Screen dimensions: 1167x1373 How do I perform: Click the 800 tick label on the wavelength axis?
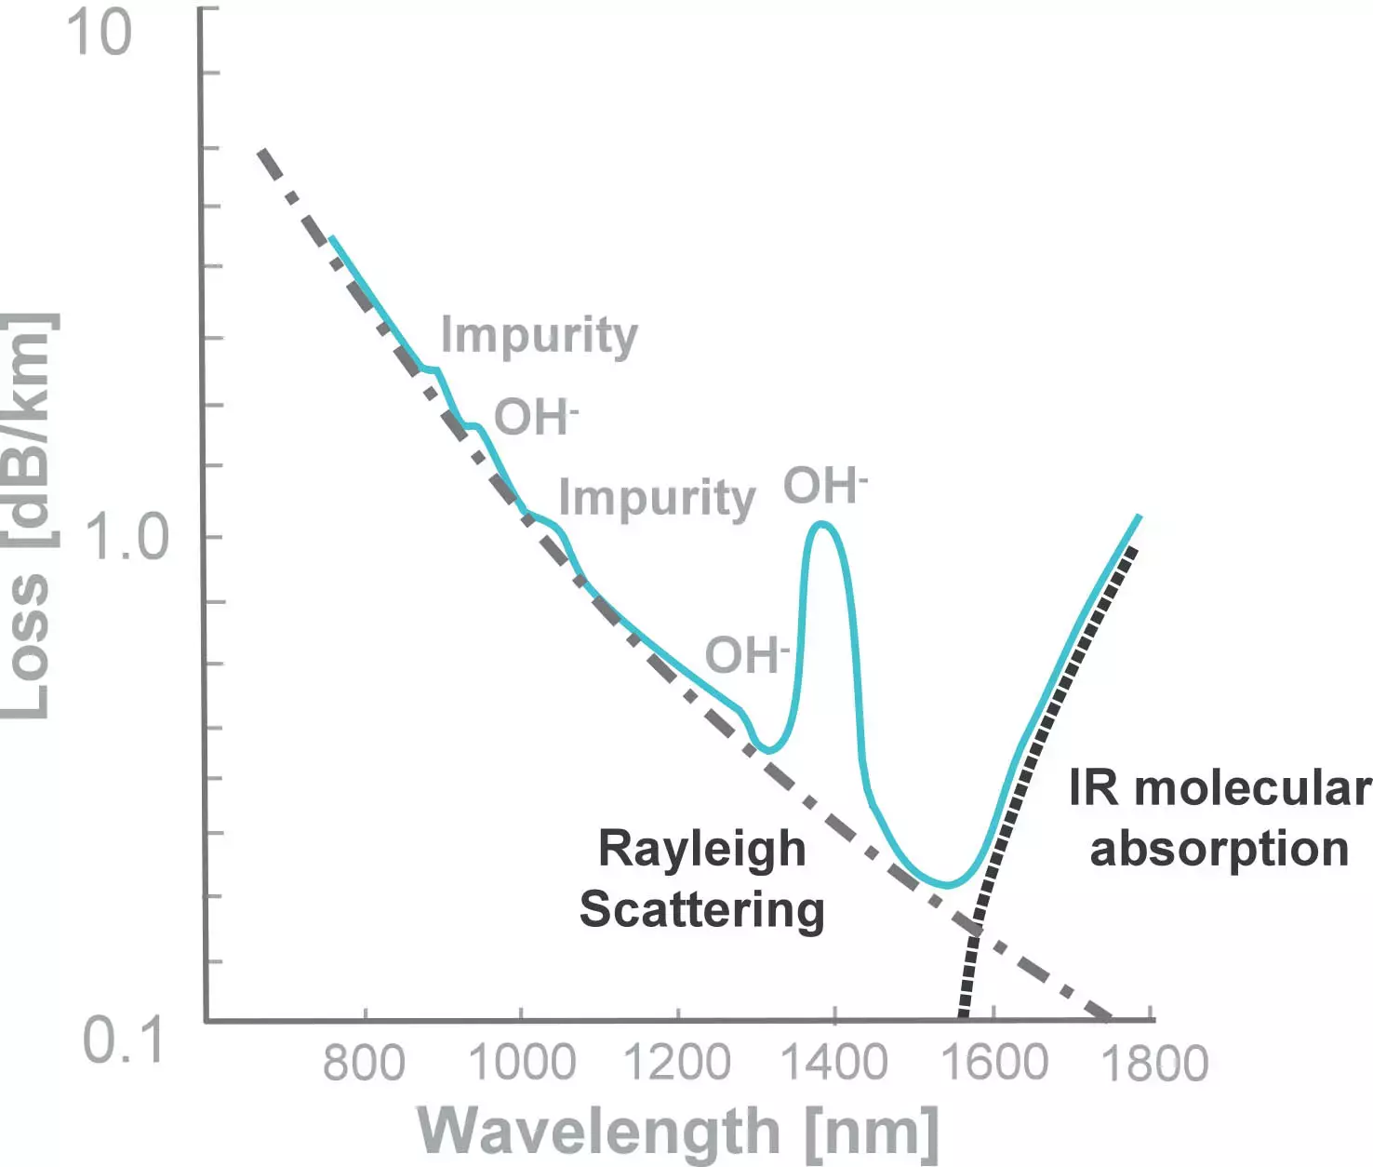click(364, 1063)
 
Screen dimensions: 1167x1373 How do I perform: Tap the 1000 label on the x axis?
click(521, 1063)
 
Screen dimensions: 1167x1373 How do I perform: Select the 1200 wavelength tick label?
click(677, 1063)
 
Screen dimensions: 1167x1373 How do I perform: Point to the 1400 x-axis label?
click(834, 1063)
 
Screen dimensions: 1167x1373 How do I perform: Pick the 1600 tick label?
click(994, 1063)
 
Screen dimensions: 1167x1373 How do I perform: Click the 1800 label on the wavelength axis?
click(1153, 1063)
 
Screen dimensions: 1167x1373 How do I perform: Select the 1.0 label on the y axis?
click(127, 538)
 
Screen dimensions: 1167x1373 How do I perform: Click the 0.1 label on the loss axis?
click(123, 1040)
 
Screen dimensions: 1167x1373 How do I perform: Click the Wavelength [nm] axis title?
click(678, 1132)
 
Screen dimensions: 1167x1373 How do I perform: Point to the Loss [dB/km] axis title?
click(26, 516)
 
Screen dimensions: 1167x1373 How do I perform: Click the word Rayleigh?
click(701, 849)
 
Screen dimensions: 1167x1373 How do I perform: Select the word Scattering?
click(701, 909)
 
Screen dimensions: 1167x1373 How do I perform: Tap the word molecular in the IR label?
click(1252, 788)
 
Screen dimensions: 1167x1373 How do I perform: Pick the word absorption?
click(1219, 849)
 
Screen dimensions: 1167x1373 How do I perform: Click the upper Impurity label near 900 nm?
click(539, 335)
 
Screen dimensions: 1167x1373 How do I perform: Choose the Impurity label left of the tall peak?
click(657, 498)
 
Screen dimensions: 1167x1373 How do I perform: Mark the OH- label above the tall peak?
click(824, 486)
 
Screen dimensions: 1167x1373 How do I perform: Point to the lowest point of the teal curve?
click(947, 884)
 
